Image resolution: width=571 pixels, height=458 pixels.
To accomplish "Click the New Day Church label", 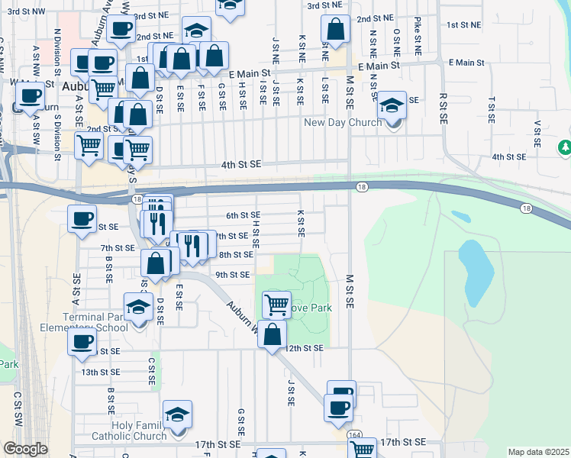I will [342, 122].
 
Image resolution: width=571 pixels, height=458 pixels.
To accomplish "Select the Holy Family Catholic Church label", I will [128, 431].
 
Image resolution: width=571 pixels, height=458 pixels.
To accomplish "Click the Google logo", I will [25, 449].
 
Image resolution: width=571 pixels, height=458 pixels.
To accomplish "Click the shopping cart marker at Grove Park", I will [276, 304].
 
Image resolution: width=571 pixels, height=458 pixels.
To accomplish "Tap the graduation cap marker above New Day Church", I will [393, 105].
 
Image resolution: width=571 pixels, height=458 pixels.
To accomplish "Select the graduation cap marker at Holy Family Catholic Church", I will [177, 414].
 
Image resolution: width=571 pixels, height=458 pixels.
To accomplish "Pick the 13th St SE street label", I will [101, 372].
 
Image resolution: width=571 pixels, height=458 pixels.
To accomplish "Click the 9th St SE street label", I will [232, 275].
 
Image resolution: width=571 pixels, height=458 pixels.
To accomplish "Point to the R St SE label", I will [443, 109].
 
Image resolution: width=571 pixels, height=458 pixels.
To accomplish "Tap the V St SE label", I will [537, 135].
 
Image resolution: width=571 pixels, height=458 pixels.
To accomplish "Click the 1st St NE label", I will [464, 25].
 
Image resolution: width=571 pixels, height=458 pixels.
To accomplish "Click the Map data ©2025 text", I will [538, 452].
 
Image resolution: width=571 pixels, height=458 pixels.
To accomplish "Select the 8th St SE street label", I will [236, 255].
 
